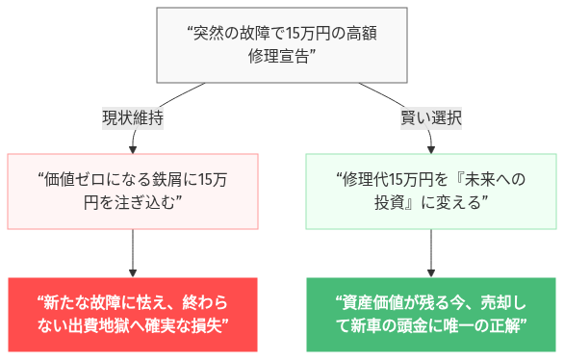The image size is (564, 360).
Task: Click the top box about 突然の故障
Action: tap(281, 44)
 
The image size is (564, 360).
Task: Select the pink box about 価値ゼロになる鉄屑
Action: tap(133, 191)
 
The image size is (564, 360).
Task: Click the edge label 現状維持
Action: tap(133, 119)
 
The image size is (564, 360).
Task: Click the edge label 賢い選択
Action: tap(430, 119)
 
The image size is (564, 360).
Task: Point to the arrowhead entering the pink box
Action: tap(133, 147)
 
